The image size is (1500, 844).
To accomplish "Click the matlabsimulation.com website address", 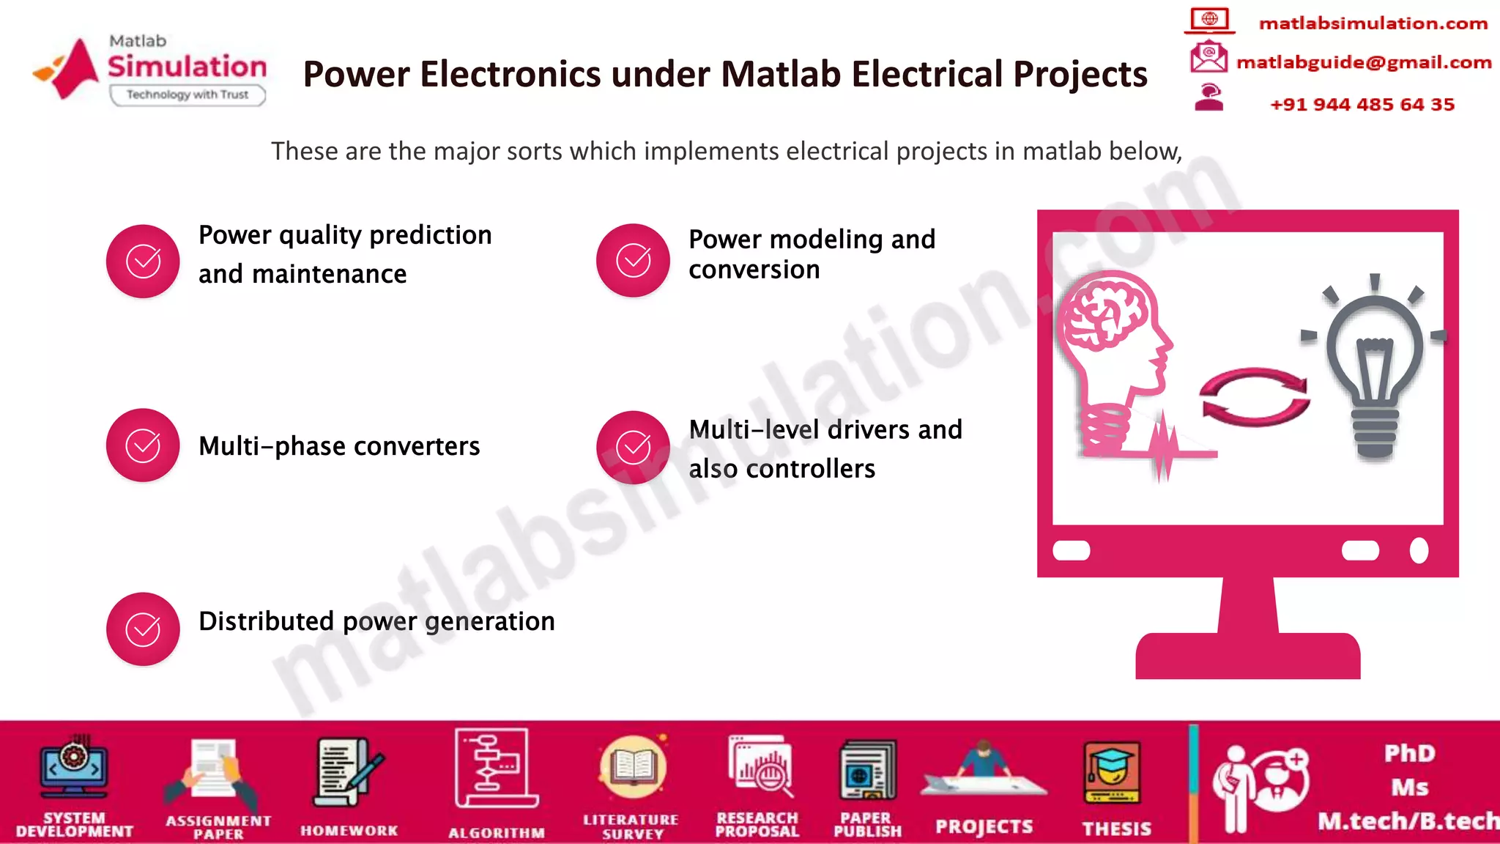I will (1373, 23).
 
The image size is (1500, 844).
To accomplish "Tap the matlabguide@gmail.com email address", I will (1364, 62).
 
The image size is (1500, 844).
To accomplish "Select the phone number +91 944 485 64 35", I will (1362, 104).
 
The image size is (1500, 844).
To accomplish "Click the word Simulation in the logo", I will (187, 67).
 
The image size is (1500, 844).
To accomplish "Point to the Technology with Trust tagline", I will (187, 95).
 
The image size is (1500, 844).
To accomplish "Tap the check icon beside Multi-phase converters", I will (143, 445).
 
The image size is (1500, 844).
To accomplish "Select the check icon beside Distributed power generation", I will (143, 629).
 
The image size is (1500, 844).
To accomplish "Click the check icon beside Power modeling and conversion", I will (633, 260).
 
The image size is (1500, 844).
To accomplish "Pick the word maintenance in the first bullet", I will (329, 274).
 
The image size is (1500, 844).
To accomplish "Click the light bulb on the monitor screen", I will (1375, 366).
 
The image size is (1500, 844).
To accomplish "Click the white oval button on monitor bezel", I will (1419, 550).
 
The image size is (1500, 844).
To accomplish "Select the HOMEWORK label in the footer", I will (349, 831).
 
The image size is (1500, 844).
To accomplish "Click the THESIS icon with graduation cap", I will (1111, 774).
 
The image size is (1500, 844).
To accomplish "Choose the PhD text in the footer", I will (1409, 753).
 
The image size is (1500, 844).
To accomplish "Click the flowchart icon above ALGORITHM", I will (495, 768).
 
